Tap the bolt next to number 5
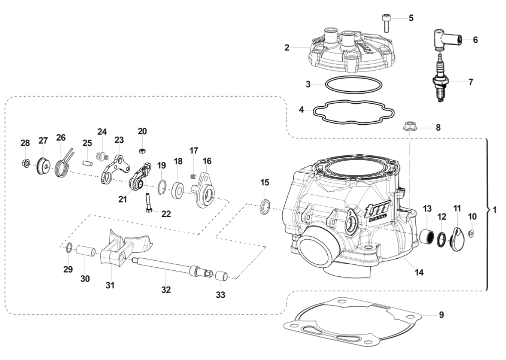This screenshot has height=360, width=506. (386, 22)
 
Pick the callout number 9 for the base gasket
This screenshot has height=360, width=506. (441, 315)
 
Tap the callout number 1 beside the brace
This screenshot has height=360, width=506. (494, 210)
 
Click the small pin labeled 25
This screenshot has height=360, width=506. (88, 163)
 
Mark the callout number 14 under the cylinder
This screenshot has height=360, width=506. (419, 273)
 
